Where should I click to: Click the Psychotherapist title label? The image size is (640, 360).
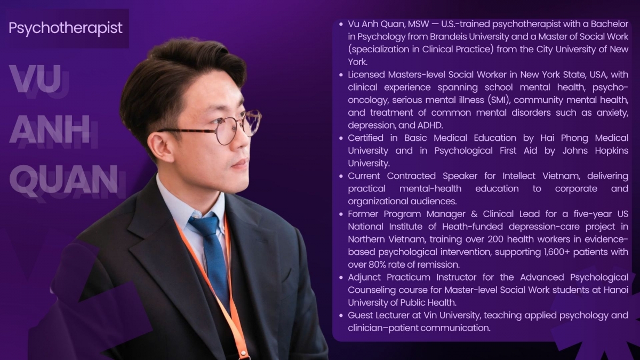click(x=66, y=28)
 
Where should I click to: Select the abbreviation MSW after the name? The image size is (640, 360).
click(x=418, y=24)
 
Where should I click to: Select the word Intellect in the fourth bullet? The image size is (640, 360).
click(x=519, y=176)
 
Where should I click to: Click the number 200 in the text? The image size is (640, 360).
click(x=495, y=239)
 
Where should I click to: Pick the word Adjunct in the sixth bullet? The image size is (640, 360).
click(x=364, y=277)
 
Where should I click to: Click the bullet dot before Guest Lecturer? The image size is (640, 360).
click(x=341, y=316)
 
